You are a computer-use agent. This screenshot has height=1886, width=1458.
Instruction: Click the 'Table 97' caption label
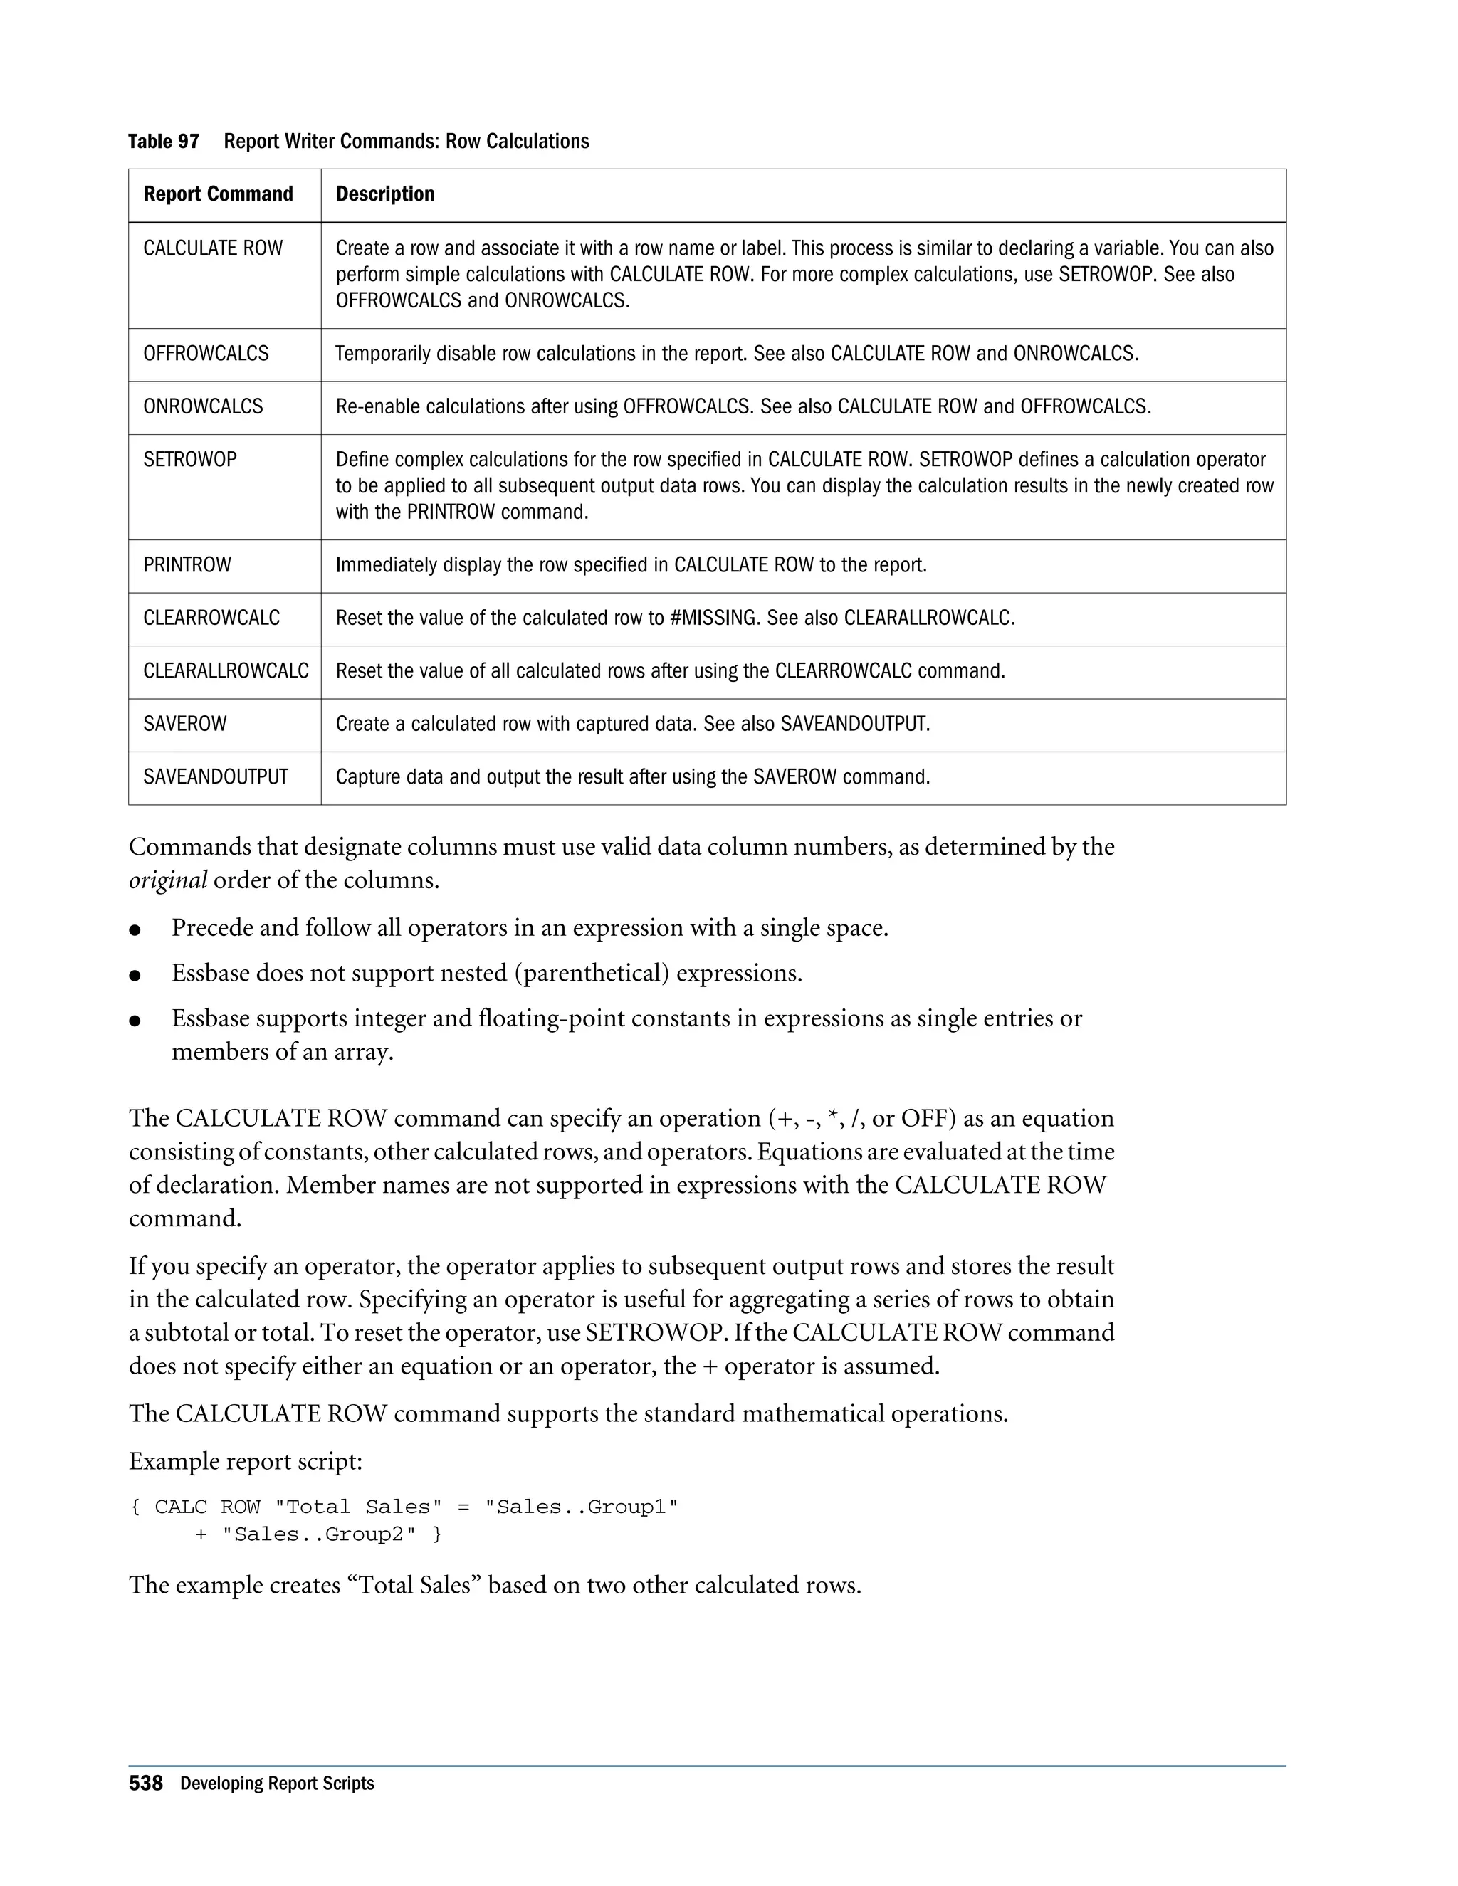pos(163,142)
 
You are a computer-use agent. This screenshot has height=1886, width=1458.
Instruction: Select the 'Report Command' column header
pos(218,194)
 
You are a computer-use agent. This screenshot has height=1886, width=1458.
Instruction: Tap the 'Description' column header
pos(384,194)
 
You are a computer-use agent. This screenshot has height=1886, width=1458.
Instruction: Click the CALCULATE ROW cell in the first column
pos(212,248)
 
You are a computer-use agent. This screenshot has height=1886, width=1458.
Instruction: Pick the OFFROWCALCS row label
pos(206,354)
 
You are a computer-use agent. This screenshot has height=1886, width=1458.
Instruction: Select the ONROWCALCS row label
pos(203,406)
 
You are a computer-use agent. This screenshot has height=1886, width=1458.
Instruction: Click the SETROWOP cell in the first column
pos(189,460)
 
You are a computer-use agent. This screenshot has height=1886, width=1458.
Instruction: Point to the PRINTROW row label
pos(187,566)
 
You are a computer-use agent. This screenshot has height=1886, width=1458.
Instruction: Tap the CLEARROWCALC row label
pos(211,618)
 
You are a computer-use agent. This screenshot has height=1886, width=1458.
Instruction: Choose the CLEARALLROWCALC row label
pos(226,671)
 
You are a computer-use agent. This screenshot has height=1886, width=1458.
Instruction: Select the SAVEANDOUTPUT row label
pos(215,777)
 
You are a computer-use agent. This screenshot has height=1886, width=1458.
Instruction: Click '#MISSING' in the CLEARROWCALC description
pos(714,618)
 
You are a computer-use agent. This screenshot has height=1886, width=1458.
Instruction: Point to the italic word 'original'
pos(167,881)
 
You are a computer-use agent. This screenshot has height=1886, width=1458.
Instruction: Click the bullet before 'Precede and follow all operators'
pos(135,930)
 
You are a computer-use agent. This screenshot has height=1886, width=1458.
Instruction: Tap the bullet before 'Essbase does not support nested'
pos(135,976)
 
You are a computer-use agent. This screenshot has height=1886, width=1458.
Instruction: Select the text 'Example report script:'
pos(246,1462)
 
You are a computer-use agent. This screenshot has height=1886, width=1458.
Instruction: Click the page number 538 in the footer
pos(145,1784)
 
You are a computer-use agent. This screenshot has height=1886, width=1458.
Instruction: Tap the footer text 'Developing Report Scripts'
pos(277,1785)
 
